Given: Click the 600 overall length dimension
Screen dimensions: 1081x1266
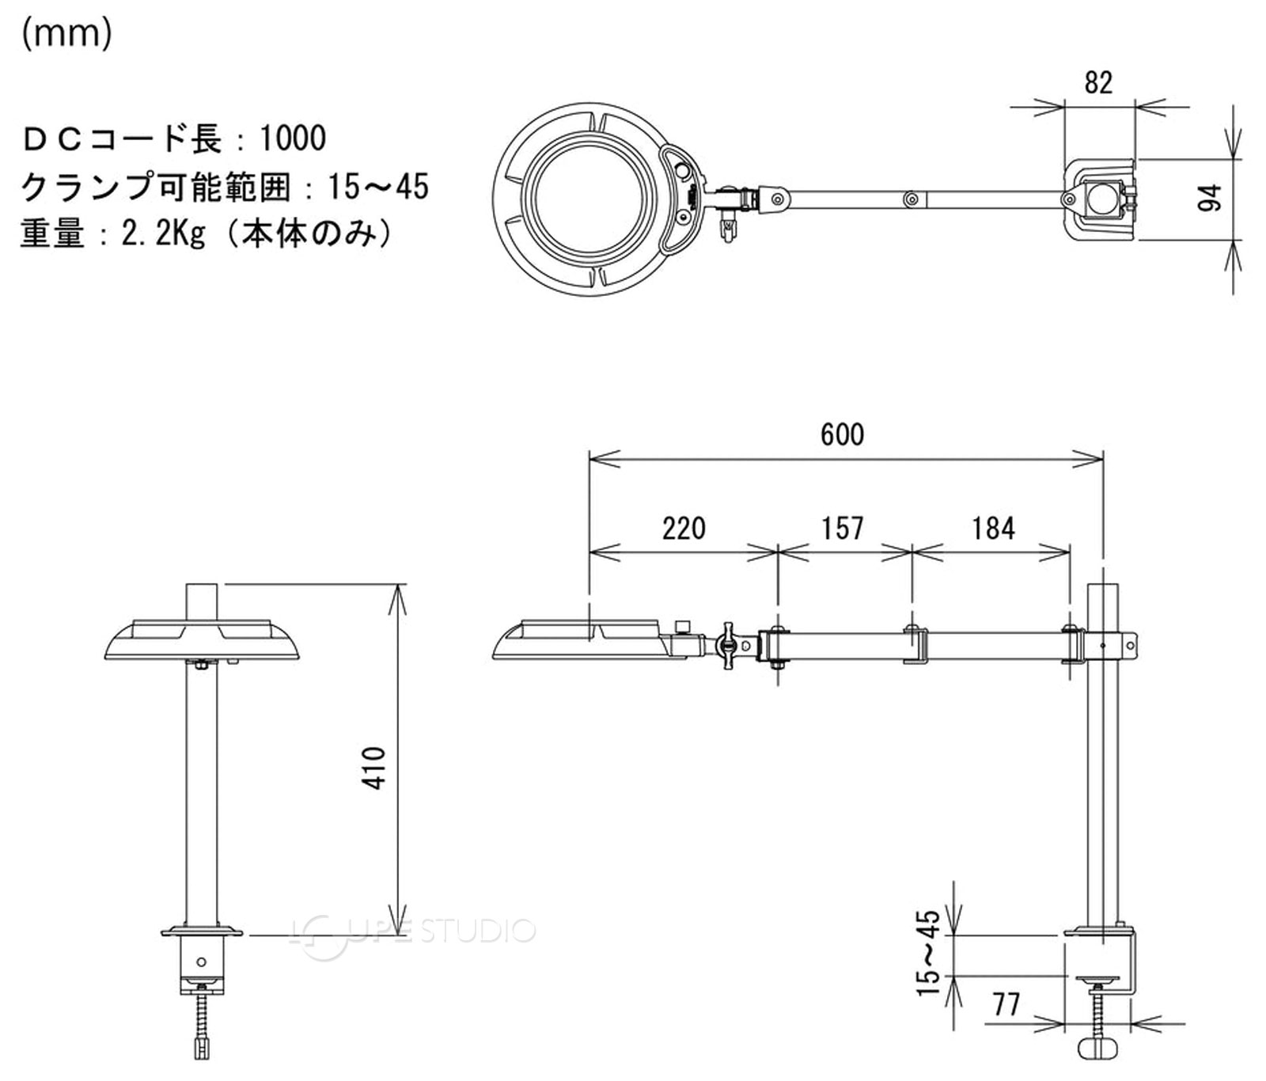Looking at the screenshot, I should tap(842, 434).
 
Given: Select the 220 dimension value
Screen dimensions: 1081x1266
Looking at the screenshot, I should tap(684, 528).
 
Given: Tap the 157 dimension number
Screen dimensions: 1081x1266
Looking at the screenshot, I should tap(842, 528).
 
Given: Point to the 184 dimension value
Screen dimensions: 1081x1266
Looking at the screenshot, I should tap(992, 528).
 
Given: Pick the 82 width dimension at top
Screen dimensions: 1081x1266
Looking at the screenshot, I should tap(1098, 82).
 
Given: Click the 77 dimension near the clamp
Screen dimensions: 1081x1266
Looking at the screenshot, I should tap(1006, 1004).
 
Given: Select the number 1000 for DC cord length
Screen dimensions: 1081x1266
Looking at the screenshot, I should tap(293, 138).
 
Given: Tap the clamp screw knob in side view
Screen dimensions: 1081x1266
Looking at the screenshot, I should tap(1099, 1048).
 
